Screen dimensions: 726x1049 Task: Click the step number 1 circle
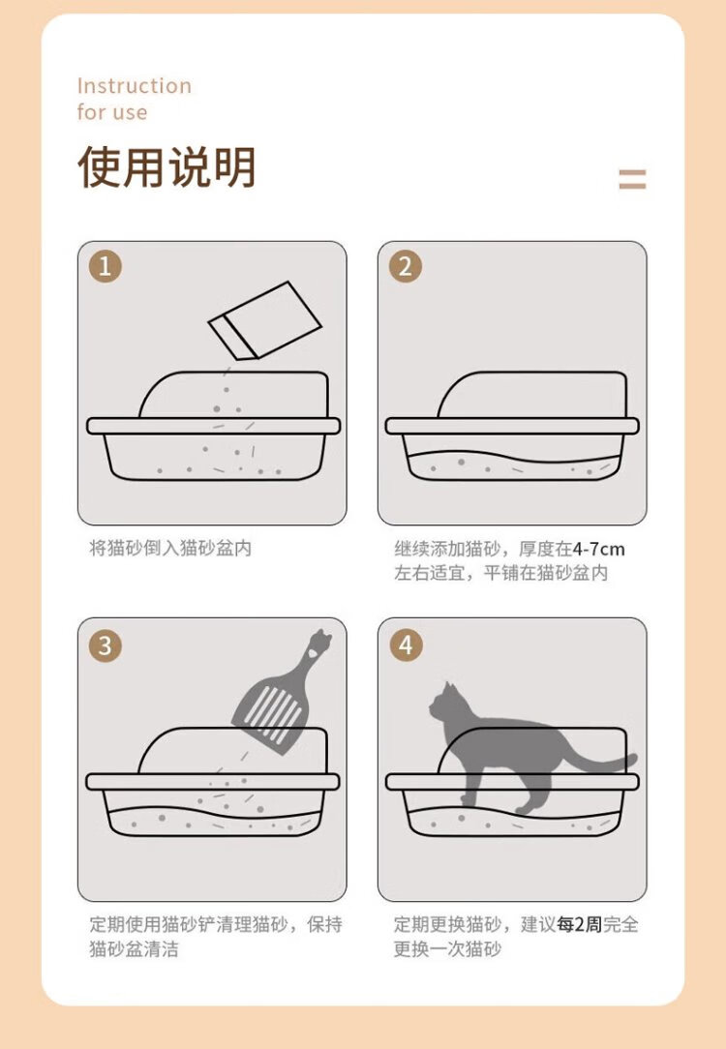[106, 266]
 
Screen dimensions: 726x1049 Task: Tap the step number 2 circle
[406, 266]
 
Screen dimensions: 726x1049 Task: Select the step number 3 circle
[106, 645]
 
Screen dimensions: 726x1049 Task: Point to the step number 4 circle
[406, 645]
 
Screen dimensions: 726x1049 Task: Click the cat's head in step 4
[444, 703]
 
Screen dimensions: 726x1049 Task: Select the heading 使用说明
[166, 166]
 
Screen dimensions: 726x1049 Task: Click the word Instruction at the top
[134, 85]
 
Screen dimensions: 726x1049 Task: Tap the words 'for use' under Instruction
[111, 111]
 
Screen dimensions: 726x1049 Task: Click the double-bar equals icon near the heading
[632, 179]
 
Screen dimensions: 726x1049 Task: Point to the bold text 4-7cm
[598, 550]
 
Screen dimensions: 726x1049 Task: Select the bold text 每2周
[580, 924]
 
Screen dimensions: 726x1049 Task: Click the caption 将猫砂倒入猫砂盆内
[170, 548]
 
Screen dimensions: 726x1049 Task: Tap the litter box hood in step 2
[533, 395]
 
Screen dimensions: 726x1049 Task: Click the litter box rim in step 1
[214, 426]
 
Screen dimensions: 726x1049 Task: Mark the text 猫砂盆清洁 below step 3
[134, 948]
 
